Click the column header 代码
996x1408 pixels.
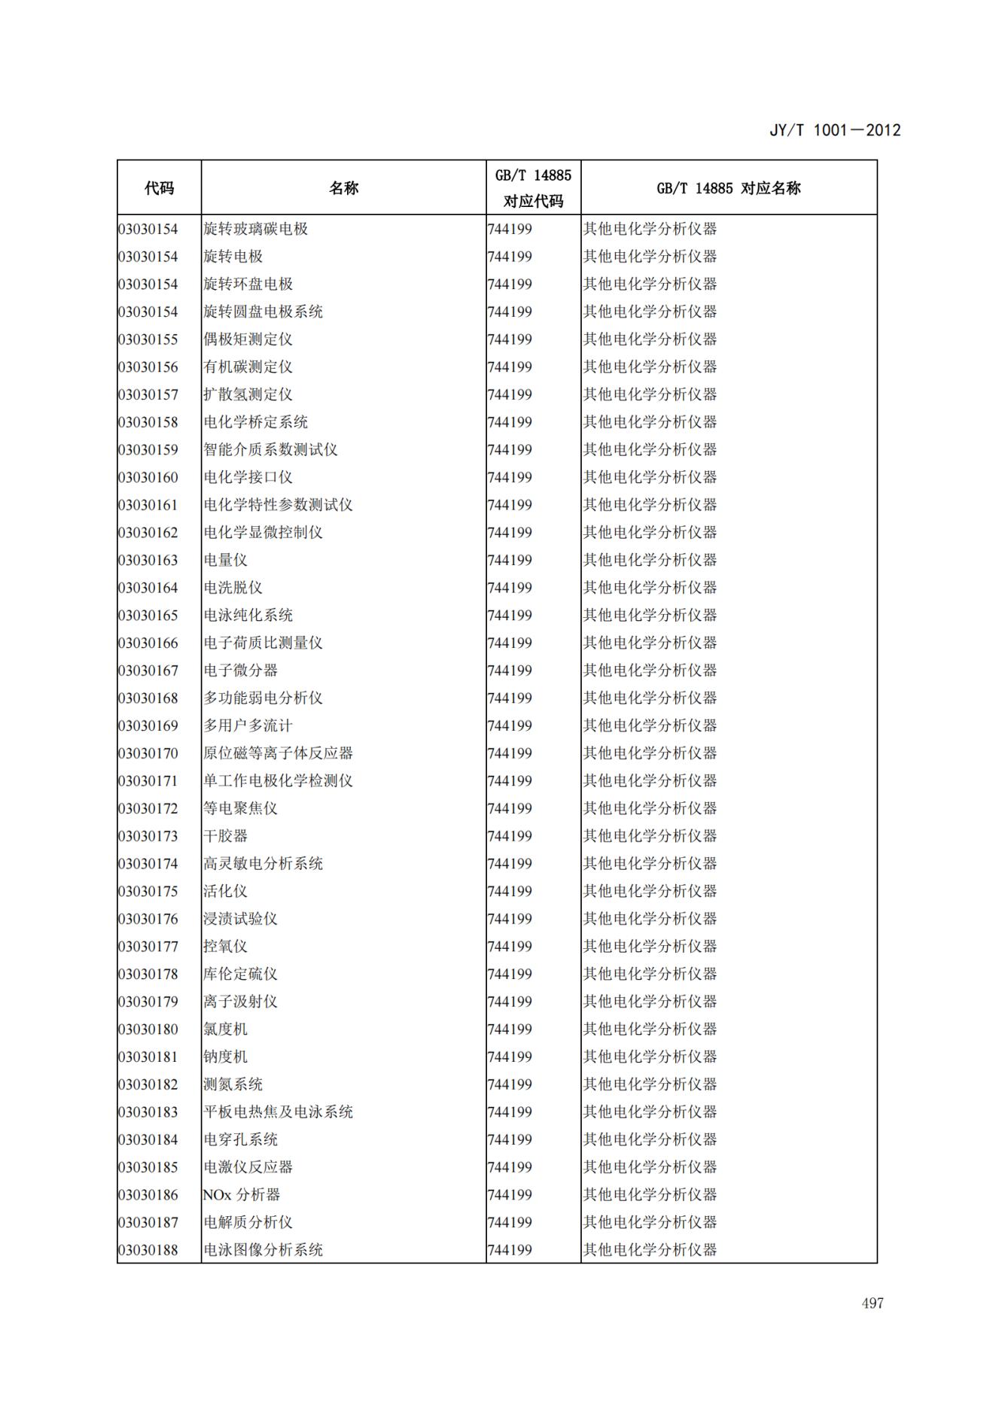(159, 188)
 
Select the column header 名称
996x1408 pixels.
(343, 188)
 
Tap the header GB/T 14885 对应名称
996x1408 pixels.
(728, 188)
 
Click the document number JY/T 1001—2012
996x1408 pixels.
(834, 130)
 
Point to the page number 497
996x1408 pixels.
(873, 1303)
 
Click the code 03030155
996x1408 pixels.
(148, 339)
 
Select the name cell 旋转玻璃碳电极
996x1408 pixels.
(255, 229)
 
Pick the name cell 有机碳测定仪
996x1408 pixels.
(248, 367)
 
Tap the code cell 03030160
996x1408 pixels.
(148, 477)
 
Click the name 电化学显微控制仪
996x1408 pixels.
(263, 533)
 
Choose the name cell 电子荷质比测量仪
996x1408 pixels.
(263, 643)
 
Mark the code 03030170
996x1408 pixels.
(148, 753)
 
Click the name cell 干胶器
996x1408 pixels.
(225, 836)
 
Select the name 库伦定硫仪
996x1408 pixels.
(240, 974)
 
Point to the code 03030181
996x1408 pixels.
(148, 1057)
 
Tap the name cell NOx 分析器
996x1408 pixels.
(241, 1195)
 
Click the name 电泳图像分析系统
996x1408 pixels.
(263, 1250)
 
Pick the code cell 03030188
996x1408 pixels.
(148, 1250)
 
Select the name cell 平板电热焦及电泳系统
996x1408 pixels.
(278, 1112)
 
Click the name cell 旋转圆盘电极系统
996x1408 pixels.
(263, 312)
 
